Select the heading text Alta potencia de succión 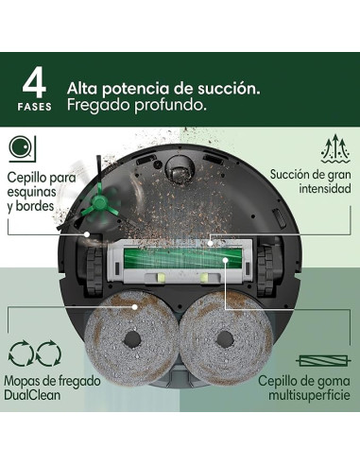point(163,88)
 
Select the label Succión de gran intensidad point(311,181)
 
